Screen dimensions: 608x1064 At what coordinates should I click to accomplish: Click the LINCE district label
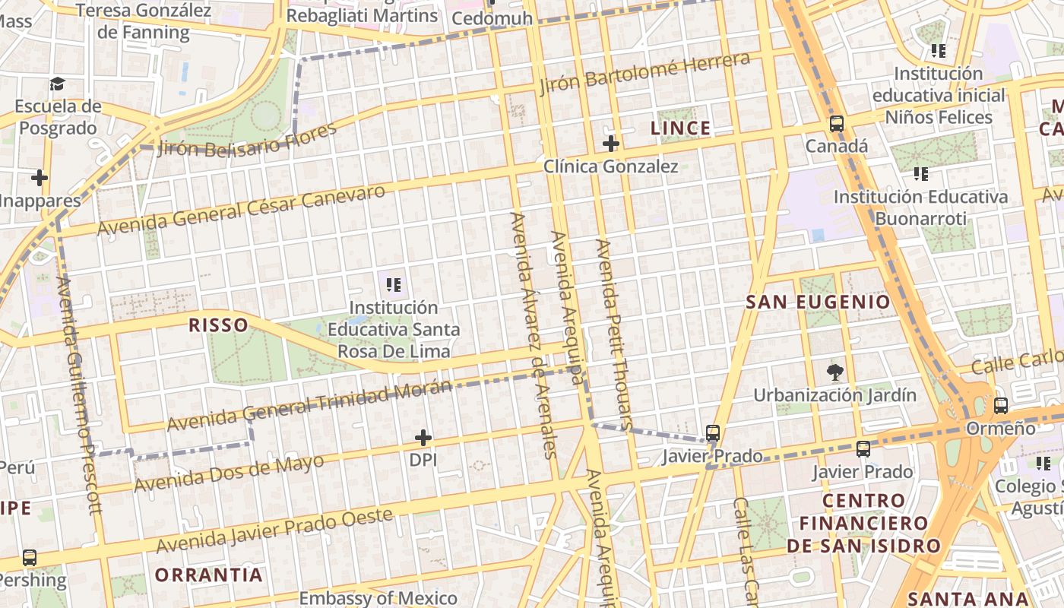[680, 128]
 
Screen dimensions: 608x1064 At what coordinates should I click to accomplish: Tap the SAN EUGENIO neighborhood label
[818, 302]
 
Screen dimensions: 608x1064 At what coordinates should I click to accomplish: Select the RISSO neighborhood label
[218, 325]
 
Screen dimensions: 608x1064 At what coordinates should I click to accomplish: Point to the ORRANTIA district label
[209, 575]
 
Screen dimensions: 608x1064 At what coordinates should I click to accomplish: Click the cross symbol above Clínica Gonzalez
[611, 143]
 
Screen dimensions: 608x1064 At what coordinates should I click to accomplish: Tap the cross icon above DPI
[423, 438]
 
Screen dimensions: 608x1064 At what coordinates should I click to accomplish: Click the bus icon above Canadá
[837, 124]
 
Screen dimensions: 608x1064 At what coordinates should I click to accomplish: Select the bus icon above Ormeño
[1001, 406]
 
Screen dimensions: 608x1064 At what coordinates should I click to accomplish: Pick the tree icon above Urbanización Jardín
[835, 372]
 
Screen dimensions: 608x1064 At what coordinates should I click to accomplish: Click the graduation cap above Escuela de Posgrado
[58, 84]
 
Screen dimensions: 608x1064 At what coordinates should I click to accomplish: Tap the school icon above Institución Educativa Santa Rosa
[394, 285]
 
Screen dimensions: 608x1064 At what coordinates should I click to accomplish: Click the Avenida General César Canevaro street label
[242, 210]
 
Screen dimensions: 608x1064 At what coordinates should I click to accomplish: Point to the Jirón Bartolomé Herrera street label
[645, 73]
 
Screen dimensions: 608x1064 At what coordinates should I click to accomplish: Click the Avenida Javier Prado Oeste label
[274, 530]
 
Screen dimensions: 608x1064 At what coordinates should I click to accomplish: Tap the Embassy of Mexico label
[378, 598]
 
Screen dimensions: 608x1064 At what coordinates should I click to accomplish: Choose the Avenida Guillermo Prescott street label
[79, 395]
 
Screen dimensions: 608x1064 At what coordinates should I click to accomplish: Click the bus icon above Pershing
[30, 558]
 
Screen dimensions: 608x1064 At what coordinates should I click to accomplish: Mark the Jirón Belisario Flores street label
[247, 140]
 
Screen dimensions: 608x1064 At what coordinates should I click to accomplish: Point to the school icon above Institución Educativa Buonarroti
[921, 174]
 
